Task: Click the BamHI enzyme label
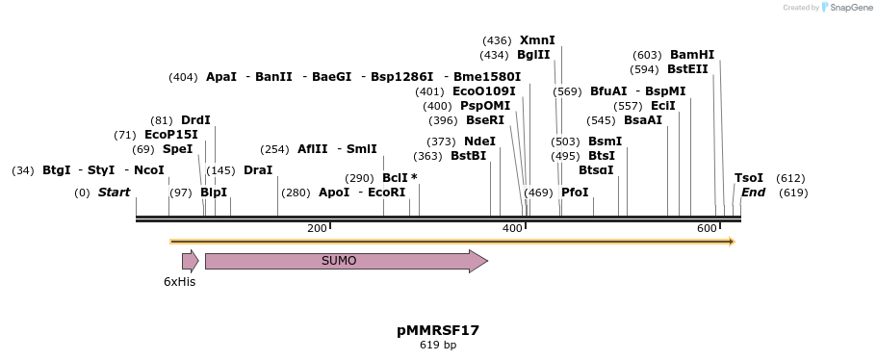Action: (692, 55)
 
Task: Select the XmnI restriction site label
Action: (537, 40)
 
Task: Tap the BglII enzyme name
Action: (533, 55)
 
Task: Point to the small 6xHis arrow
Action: (190, 261)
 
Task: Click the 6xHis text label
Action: (179, 282)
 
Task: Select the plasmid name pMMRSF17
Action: (438, 330)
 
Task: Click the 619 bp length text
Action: (438, 345)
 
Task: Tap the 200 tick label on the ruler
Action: (317, 228)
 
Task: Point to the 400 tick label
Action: (512, 228)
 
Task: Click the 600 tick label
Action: (707, 228)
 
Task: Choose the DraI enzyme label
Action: (258, 170)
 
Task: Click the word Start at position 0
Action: (114, 193)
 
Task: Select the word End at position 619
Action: (753, 193)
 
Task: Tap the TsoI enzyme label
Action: (749, 178)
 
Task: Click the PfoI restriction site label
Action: (575, 193)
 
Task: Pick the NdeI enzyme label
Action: (479, 141)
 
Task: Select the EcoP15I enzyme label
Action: (170, 135)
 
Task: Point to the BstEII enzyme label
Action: (687, 69)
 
